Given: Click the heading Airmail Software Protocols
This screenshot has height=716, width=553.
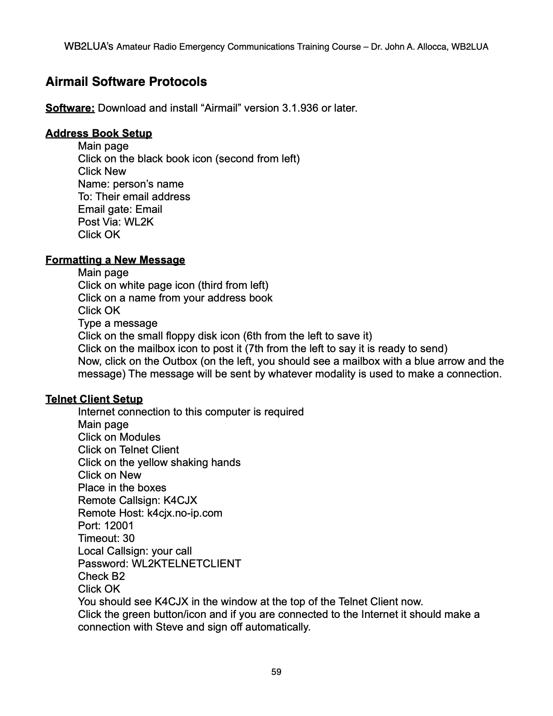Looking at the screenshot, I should pos(126,82).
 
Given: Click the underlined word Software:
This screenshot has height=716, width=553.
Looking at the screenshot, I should pos(70,108).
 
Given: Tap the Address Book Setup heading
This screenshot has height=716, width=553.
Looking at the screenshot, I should pos(98,133).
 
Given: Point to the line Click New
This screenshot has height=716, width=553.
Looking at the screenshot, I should pos(102,171).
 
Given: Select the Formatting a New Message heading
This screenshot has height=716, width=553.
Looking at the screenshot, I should pos(115,260).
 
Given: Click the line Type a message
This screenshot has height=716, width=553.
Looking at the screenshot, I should pos(117,323).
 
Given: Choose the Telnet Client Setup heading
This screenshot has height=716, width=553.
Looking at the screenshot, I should pos(94,399).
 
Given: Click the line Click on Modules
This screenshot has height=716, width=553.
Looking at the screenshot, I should pos(119,437).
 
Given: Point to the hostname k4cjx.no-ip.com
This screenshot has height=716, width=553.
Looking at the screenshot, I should pos(185,513).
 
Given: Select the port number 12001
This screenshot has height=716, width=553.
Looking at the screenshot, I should pos(119,526).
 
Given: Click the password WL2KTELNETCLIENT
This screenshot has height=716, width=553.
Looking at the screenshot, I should pos(186,564).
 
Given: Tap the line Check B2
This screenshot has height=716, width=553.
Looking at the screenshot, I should pos(101,576).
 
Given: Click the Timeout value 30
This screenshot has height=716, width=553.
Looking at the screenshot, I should pos(128,538).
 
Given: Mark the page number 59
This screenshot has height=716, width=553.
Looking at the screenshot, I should pos(276,672).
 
